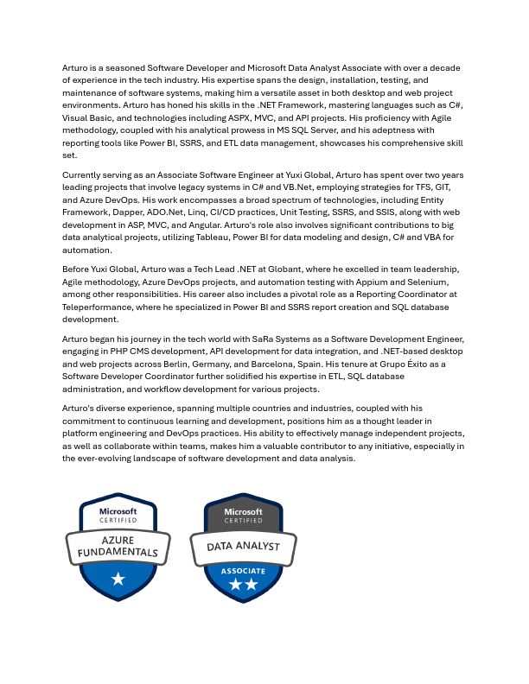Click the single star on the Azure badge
coord(118,578)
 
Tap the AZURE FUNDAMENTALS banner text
coord(118,545)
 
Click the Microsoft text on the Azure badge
coord(118,511)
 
